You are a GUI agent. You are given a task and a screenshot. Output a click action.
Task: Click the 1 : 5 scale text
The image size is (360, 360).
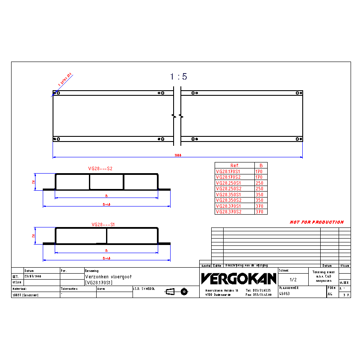point(179,77)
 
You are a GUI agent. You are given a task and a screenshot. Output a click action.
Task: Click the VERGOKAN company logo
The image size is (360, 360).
point(239,279)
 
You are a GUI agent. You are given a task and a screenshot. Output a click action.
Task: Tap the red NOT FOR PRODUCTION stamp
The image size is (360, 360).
point(316,222)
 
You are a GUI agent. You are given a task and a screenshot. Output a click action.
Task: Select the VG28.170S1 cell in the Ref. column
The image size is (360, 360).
point(228,171)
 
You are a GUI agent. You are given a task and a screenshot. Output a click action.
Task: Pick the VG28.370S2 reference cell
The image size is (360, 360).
point(228,212)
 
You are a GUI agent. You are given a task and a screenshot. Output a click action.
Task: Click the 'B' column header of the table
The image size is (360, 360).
point(261,165)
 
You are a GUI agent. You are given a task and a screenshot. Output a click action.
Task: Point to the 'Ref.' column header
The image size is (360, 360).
point(235,165)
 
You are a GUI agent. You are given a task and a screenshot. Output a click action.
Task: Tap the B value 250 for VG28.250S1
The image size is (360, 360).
point(259,183)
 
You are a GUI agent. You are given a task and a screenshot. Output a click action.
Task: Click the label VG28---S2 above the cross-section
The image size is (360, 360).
point(100,168)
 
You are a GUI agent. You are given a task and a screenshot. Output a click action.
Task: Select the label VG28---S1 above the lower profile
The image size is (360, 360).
point(103,224)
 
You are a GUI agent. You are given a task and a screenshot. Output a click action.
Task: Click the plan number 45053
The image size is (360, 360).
point(285,294)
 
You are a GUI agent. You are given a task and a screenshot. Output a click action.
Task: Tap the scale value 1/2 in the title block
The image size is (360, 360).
point(293,280)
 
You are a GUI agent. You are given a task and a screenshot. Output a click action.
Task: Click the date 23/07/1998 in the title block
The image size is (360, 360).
point(33,277)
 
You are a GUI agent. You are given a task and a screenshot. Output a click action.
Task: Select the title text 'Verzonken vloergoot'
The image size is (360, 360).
point(109,277)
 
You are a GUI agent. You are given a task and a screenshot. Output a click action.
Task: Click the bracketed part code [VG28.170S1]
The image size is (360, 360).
point(99,283)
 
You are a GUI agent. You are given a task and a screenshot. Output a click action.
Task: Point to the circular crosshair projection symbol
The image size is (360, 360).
point(184,292)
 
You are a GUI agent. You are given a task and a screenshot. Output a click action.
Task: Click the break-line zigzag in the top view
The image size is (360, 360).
point(177,116)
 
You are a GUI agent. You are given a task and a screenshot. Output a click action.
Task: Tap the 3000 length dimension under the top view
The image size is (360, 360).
point(178,156)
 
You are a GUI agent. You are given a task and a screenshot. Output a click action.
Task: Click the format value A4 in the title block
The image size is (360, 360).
point(330,294)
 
